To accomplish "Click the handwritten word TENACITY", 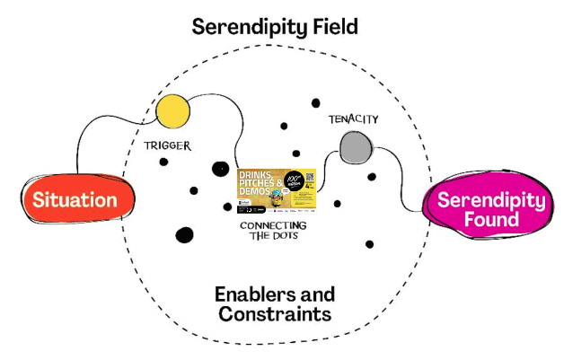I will coord(353,119).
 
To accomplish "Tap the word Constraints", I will coord(275,315).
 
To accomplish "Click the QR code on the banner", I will coord(311,177).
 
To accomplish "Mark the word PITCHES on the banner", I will coord(254,184).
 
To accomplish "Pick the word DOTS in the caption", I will coord(286,237).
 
